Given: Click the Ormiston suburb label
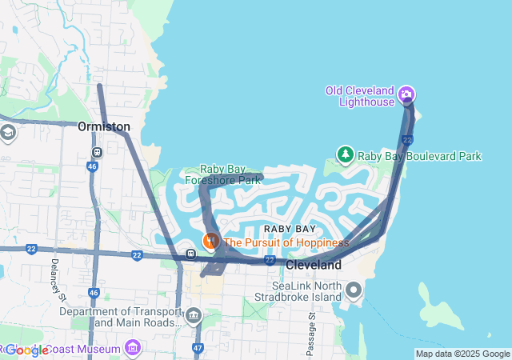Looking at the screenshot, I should [x=104, y=126].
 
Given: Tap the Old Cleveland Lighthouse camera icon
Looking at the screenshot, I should [x=407, y=95].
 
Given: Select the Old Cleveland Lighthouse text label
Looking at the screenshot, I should [x=360, y=96].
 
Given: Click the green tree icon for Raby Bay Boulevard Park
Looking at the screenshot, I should [x=345, y=154].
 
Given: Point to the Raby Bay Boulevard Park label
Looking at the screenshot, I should [x=419, y=156].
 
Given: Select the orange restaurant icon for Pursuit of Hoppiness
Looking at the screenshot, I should [x=211, y=241].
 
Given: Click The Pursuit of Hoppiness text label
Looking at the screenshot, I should [x=286, y=242].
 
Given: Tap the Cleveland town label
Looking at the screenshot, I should [x=314, y=265].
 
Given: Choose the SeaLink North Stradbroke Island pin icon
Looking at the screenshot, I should [x=354, y=289].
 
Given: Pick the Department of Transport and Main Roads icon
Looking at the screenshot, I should [x=194, y=316].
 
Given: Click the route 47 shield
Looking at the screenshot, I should [x=198, y=349].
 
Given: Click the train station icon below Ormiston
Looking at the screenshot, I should [x=97, y=151].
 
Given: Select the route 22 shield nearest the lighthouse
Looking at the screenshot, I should [x=407, y=141].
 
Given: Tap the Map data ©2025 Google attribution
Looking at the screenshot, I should [x=462, y=354].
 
